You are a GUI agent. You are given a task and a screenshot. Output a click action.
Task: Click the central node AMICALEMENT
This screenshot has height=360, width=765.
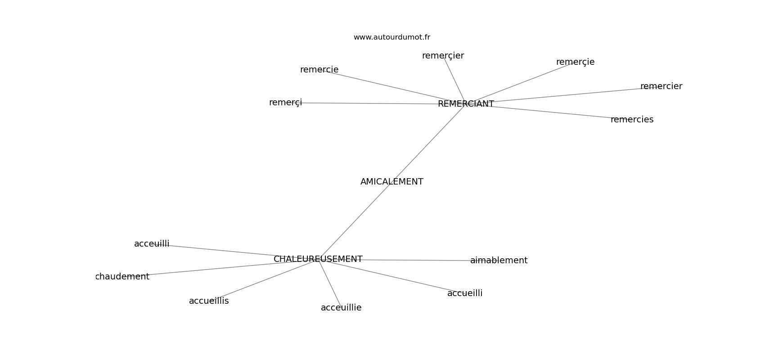click(x=391, y=182)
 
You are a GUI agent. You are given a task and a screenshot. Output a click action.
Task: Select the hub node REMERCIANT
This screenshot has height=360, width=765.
click(x=466, y=104)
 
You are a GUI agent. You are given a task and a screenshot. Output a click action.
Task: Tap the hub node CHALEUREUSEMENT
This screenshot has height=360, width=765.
click(x=318, y=259)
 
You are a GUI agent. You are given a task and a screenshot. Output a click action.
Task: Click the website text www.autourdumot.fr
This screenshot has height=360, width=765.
click(x=391, y=37)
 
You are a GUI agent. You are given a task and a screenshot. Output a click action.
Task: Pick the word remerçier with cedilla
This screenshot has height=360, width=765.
click(x=443, y=56)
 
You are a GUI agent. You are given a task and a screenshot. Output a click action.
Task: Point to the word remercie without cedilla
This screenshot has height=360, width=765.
click(x=319, y=70)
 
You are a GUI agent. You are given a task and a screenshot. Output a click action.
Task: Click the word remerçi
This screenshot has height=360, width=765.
click(x=285, y=103)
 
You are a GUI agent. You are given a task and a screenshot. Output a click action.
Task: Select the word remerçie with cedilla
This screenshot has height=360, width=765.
click(x=575, y=62)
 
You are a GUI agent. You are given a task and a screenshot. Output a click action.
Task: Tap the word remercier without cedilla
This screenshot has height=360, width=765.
click(x=661, y=86)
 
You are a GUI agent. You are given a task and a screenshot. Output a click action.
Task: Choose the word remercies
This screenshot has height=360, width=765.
click(x=632, y=120)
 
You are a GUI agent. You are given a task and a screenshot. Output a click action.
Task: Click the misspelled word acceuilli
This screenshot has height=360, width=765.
click(x=152, y=244)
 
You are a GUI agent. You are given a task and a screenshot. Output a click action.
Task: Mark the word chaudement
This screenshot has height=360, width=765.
click(x=122, y=277)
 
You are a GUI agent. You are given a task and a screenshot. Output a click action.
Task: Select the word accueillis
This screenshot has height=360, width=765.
click(x=209, y=301)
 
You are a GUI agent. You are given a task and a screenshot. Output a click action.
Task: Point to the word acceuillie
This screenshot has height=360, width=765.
click(x=341, y=308)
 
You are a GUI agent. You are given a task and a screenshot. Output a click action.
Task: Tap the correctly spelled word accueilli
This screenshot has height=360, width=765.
click(x=465, y=293)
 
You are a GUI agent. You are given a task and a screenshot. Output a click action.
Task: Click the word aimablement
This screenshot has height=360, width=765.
click(x=499, y=261)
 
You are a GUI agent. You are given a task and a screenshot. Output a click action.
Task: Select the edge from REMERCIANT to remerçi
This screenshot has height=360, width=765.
click(x=369, y=103)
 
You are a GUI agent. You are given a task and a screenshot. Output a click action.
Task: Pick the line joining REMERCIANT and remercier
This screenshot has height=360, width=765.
click(x=567, y=95)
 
